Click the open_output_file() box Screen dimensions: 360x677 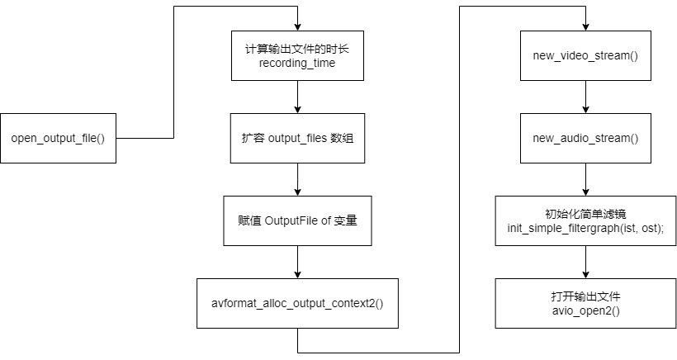(x=58, y=137)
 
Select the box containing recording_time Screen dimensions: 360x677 (x=296, y=55)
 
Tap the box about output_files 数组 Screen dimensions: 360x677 (x=296, y=137)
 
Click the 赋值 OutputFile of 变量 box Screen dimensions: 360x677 (x=296, y=220)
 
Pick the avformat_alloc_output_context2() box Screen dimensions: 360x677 (x=296, y=303)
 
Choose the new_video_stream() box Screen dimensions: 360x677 (x=585, y=55)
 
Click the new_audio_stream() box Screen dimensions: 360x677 (x=585, y=137)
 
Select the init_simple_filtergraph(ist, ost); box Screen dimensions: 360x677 (x=585, y=220)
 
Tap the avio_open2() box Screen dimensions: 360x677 (x=585, y=303)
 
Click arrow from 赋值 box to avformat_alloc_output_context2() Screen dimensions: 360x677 (x=296, y=262)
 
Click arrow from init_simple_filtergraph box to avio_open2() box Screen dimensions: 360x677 (x=585, y=262)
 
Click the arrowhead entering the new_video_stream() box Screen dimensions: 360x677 (x=585, y=26)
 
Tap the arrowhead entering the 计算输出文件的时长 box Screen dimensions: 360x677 (x=296, y=26)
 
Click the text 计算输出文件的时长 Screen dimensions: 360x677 (x=296, y=48)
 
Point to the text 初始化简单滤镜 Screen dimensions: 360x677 (x=585, y=213)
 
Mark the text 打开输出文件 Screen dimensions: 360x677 (x=585, y=296)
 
